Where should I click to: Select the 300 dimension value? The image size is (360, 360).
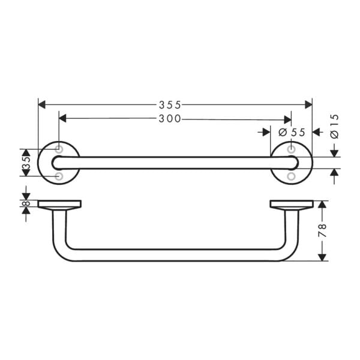(170, 119)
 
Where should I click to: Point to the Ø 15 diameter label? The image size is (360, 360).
(334, 126)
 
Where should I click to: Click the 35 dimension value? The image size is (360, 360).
(25, 163)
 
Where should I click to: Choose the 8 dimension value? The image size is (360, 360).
(25, 204)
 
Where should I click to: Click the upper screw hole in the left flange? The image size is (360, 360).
(59, 148)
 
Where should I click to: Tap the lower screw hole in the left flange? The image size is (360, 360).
(59, 176)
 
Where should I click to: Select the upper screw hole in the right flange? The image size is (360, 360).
(291, 148)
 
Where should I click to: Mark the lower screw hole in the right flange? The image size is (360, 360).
(291, 176)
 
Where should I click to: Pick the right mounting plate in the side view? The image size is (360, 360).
(291, 204)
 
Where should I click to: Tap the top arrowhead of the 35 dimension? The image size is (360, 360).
(25, 152)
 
